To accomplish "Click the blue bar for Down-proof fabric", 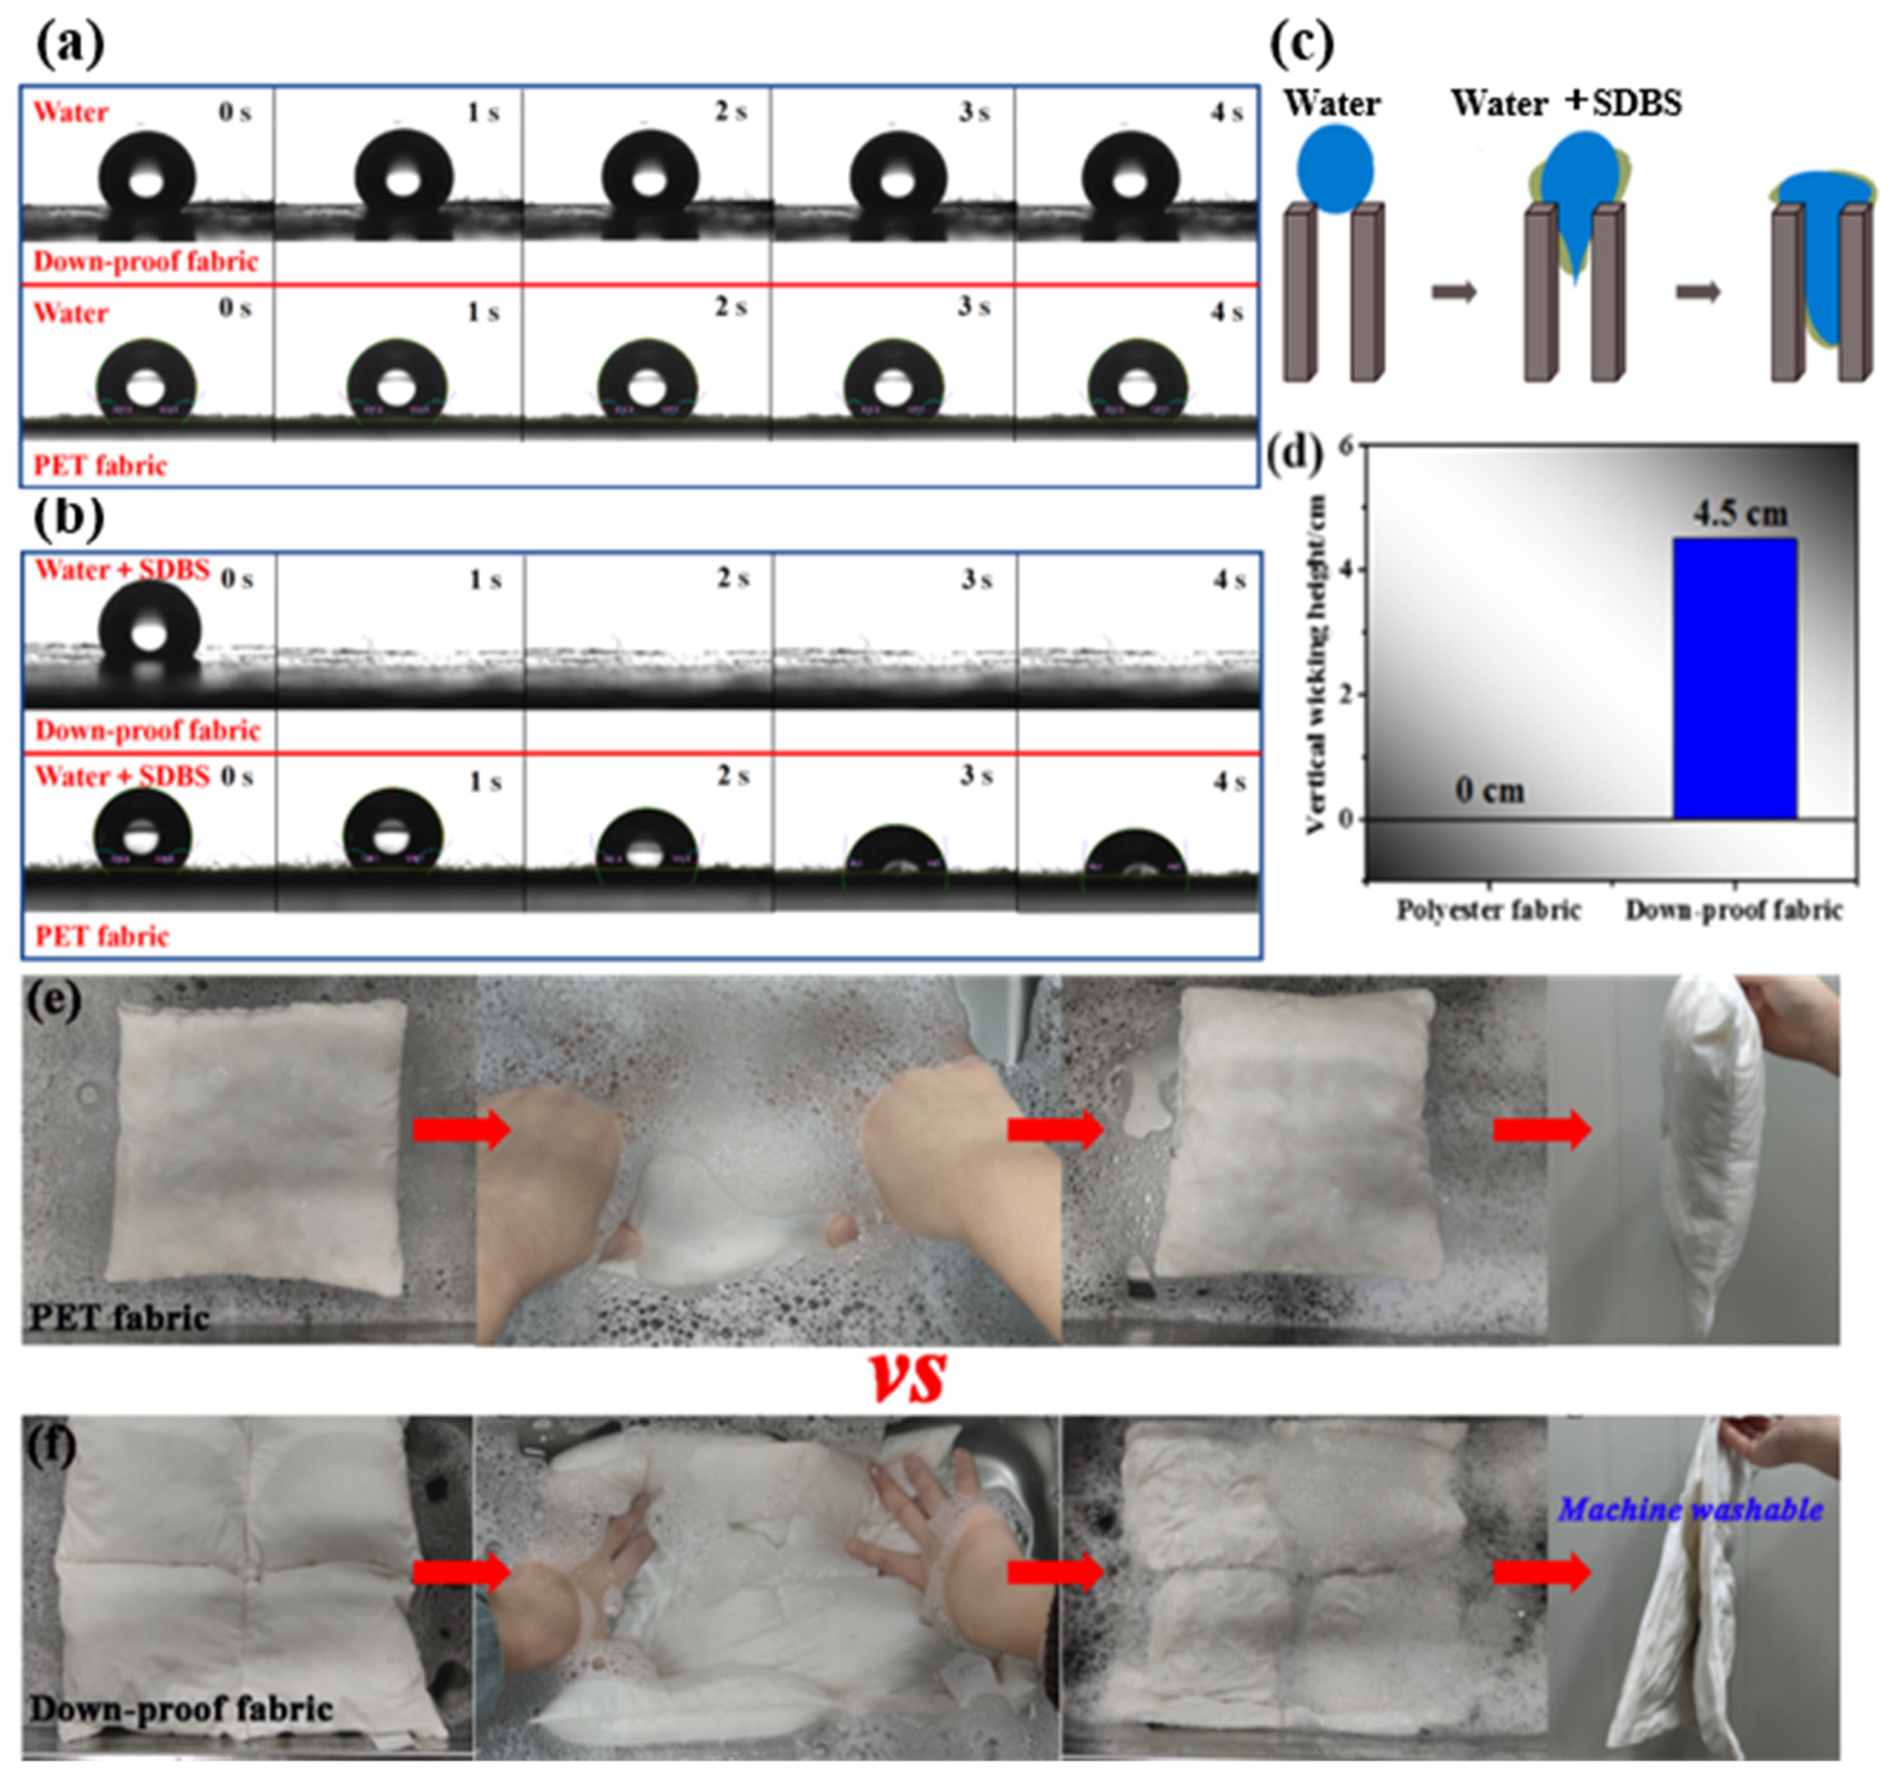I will (x=1734, y=678).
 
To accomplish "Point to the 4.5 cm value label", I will (x=1740, y=514).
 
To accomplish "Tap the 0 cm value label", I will (x=1490, y=790).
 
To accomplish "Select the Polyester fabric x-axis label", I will (x=1488, y=911).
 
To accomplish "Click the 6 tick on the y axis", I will (x=1347, y=447).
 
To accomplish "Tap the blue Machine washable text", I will (x=1691, y=1509).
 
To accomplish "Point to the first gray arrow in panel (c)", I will (x=1454, y=291).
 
